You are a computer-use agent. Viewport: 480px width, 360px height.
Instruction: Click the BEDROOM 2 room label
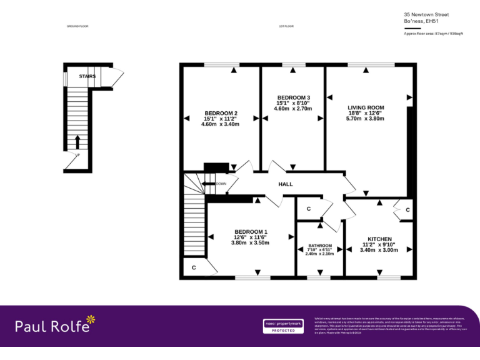221,113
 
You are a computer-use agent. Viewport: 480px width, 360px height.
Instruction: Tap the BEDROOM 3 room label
293,97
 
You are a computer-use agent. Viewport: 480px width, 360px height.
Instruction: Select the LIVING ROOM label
366,107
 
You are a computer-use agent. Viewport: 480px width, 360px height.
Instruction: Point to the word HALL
285,184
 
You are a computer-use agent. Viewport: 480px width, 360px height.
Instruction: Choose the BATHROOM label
319,246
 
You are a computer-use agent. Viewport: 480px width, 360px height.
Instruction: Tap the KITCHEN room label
379,239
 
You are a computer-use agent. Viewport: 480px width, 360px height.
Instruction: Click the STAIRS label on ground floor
87,76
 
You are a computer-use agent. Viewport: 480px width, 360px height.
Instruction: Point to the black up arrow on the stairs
77,141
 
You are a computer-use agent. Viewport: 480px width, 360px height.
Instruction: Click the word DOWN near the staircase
221,184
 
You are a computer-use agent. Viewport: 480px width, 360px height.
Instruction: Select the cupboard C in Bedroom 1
194,267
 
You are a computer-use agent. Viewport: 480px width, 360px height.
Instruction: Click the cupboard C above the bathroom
309,209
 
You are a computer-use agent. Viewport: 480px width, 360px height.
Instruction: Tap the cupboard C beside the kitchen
407,210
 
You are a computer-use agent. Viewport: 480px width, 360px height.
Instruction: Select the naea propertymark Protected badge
282,326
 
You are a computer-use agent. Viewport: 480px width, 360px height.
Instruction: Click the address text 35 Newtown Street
426,14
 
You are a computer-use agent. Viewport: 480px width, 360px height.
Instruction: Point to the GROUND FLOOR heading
77,26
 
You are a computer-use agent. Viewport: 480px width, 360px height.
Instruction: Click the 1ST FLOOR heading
286,26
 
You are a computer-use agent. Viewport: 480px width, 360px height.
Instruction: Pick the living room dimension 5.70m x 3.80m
366,119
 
